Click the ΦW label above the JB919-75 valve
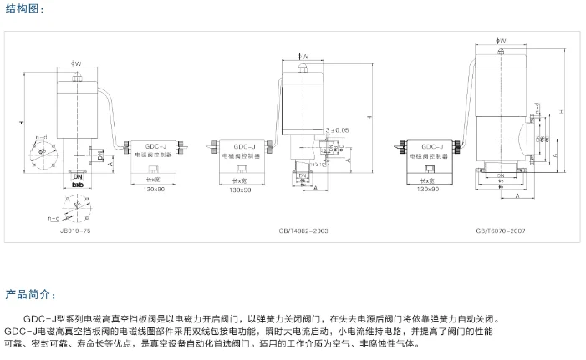point(76,63)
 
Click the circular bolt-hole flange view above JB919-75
point(76,203)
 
